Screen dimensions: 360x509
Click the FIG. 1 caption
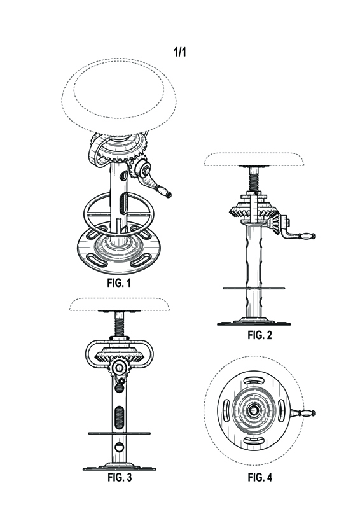coord(119,282)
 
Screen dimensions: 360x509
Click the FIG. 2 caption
coord(260,335)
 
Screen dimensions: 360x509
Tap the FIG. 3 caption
coord(120,478)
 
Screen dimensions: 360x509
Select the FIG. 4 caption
coord(260,477)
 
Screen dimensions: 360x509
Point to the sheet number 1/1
coord(180,52)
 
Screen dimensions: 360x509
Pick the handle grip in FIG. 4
coord(307,413)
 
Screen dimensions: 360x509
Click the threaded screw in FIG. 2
coord(254,181)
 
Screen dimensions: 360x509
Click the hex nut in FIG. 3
coord(119,368)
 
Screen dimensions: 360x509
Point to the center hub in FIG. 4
coord(253,410)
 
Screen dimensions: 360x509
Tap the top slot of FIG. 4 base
coord(254,380)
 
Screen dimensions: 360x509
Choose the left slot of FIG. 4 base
coord(226,410)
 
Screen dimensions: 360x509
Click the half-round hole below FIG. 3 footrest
coord(120,447)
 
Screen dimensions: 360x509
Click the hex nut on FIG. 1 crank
coord(145,169)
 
